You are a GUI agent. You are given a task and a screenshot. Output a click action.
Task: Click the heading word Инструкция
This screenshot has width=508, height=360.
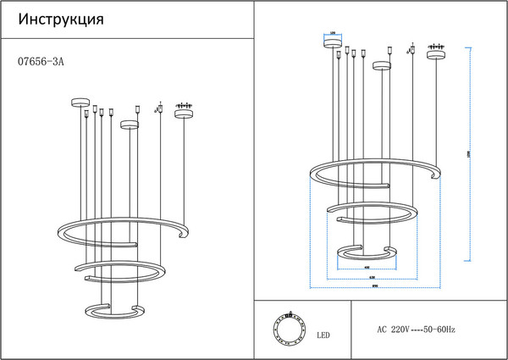click(x=61, y=19)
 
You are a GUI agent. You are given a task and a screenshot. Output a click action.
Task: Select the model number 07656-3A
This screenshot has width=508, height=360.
click(x=41, y=61)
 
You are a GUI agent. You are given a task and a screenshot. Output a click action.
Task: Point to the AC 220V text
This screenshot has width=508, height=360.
click(x=394, y=329)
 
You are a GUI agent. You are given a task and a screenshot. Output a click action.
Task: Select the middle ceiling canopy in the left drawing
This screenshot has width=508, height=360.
click(x=129, y=125)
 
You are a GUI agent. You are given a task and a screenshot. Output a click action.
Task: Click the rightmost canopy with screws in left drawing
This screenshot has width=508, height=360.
click(x=184, y=111)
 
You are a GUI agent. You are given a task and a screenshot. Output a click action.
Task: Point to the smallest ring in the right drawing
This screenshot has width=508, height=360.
click(x=366, y=252)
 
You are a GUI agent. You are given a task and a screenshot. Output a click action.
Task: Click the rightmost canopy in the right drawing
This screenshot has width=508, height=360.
click(x=437, y=54)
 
